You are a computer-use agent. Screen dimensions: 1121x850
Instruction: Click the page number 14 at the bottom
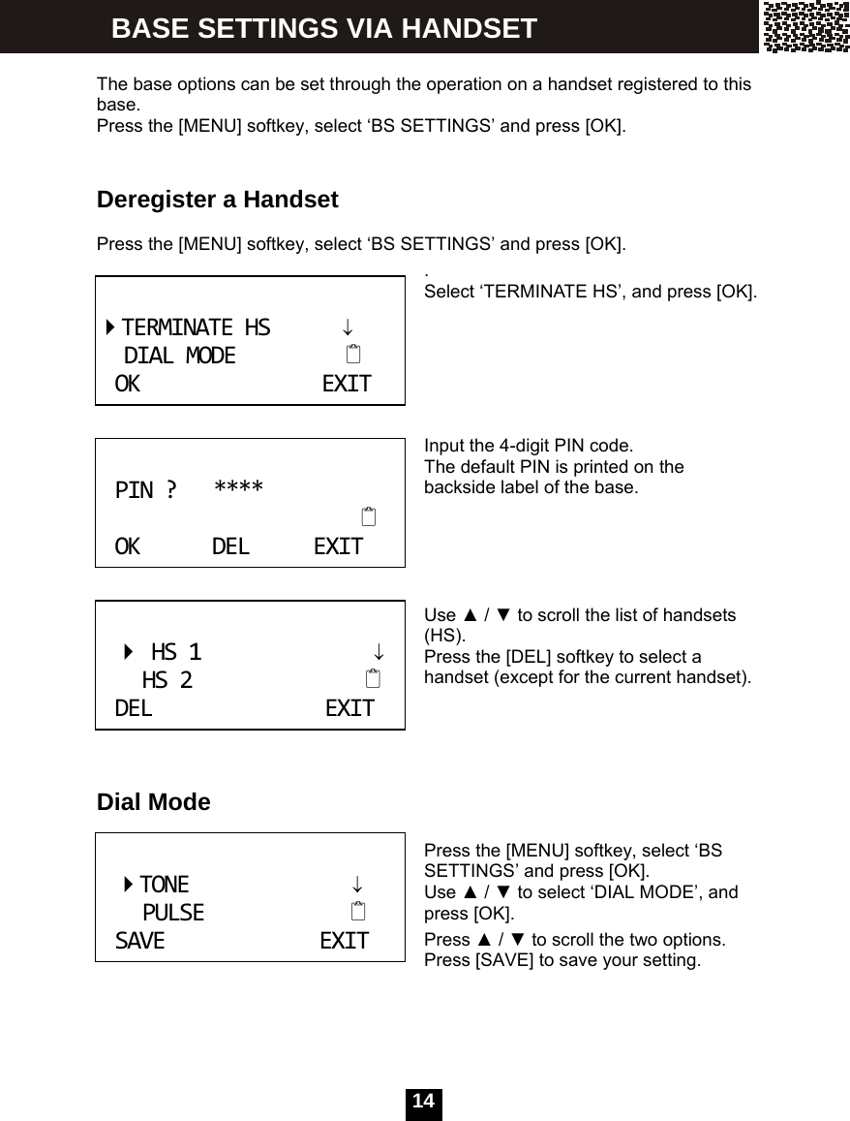coord(423,1103)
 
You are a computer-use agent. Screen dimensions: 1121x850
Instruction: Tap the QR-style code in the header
coord(805,26)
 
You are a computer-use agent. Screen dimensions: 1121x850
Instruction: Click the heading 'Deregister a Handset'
coord(217,201)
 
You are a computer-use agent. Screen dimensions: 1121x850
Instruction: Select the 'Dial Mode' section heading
coord(153,802)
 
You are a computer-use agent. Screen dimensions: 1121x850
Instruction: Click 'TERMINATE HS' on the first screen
coord(196,327)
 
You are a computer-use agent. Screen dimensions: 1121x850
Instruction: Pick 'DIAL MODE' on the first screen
coord(179,356)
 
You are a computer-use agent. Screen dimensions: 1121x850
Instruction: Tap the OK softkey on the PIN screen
coord(127,546)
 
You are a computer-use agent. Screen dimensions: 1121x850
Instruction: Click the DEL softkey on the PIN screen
coord(230,546)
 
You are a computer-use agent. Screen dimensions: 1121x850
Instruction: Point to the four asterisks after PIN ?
coord(238,486)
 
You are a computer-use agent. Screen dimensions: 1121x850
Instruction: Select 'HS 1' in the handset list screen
coord(176,651)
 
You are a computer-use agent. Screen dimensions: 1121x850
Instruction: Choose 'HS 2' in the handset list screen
coord(167,681)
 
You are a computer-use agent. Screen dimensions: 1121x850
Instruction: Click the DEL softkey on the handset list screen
coord(134,708)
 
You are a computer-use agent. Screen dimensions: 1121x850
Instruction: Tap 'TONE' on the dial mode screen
coord(165,885)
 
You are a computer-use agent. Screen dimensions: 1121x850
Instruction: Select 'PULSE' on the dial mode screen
coord(173,913)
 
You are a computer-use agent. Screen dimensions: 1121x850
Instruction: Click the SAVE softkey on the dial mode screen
coord(139,941)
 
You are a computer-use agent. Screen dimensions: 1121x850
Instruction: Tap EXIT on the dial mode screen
coord(344,941)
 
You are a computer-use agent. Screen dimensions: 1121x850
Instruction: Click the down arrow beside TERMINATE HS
coord(347,328)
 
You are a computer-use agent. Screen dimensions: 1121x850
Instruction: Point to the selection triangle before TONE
coord(128,885)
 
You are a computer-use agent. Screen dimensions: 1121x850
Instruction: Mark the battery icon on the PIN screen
coord(368,516)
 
